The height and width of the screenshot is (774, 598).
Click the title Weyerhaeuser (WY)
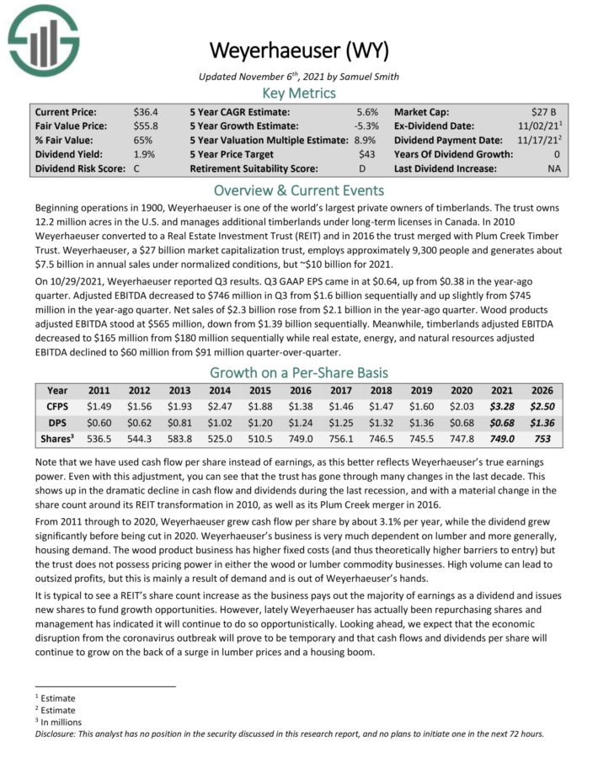(x=299, y=51)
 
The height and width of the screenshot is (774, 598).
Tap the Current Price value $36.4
(x=146, y=111)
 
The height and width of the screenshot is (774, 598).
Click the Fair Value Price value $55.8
(x=146, y=125)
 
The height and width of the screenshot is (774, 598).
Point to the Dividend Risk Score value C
(x=137, y=168)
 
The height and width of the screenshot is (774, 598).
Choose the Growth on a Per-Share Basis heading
(x=299, y=372)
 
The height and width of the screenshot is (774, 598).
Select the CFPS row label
(x=58, y=406)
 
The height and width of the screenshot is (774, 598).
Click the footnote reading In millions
(x=58, y=722)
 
